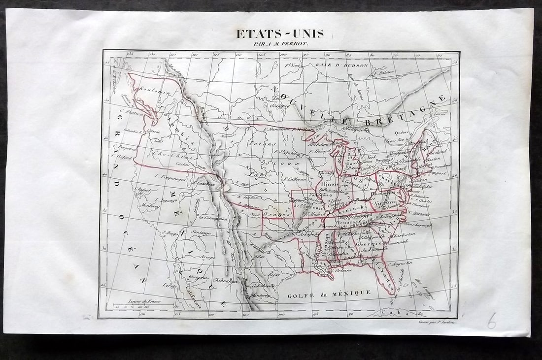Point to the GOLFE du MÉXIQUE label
point(329,293)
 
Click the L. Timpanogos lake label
point(169,175)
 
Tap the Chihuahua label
point(221,280)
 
